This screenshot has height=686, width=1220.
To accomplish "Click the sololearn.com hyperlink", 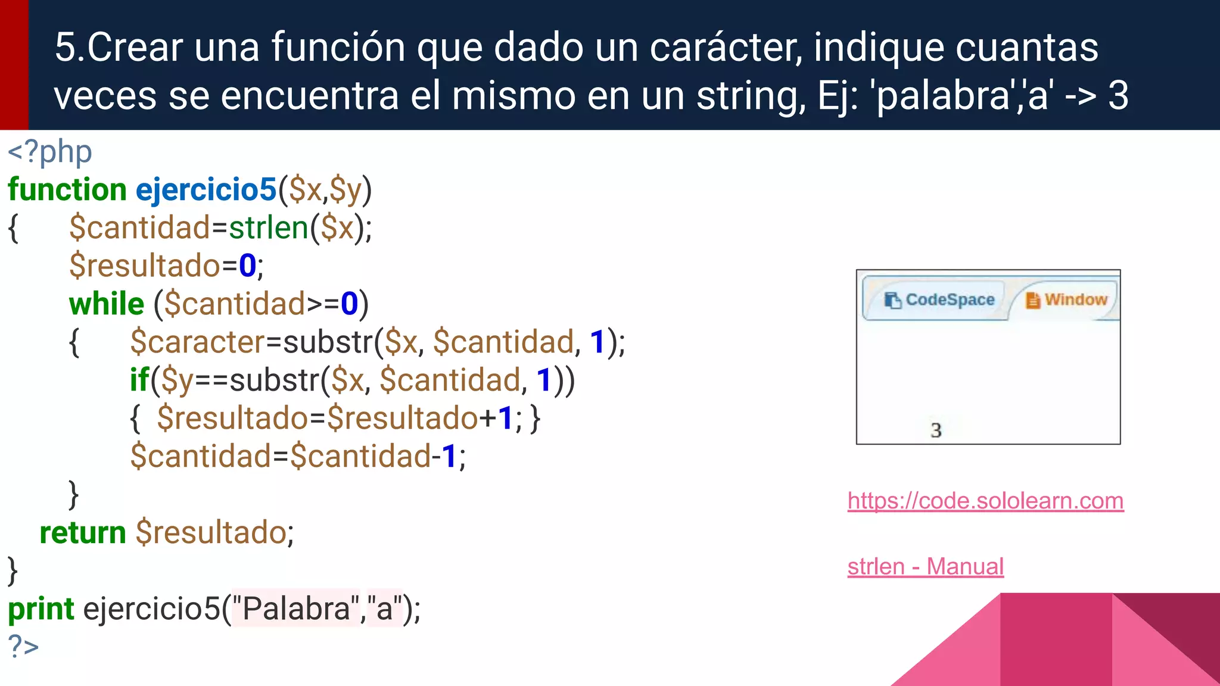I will click(985, 501).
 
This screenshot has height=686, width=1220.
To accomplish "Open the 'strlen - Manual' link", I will click(925, 566).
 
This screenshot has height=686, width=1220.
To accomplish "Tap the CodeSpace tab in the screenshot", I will click(941, 300).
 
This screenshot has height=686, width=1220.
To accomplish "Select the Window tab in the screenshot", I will click(1067, 300).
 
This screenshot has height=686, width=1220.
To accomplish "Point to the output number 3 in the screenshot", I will click(936, 430).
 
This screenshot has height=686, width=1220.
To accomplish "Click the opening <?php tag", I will click(49, 152).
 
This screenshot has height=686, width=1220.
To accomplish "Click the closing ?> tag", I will click(23, 646).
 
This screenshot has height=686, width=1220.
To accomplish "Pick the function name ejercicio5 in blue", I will click(206, 190).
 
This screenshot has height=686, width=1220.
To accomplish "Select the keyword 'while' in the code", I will click(107, 304).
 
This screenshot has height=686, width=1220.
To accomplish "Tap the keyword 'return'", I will click(83, 532).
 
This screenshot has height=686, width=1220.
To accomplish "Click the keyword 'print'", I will click(41, 609).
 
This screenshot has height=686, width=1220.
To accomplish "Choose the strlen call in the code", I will click(269, 228).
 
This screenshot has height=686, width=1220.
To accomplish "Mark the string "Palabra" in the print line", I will click(296, 609).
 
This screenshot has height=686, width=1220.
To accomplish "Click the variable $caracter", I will click(197, 342).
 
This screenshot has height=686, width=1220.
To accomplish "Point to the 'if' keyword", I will click(139, 381).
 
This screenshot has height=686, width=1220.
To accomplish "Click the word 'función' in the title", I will click(338, 48).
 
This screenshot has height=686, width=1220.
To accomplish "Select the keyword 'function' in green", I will click(67, 190).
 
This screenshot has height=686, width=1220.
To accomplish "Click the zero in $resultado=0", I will click(247, 266).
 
